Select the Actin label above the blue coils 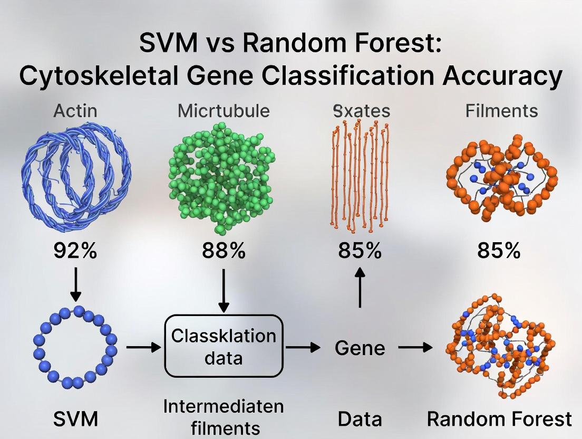coord(75,111)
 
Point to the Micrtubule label coord(224,111)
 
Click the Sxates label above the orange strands coord(362,111)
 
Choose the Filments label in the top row coord(501,111)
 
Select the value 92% coord(75,251)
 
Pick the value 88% coord(224,251)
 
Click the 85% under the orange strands coord(360,251)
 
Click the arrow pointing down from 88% coord(224,290)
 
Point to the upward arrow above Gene coord(360,289)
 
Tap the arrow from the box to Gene coord(303,347)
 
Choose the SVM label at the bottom coord(76,419)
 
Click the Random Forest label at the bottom coord(499,419)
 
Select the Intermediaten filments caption coord(224,417)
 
